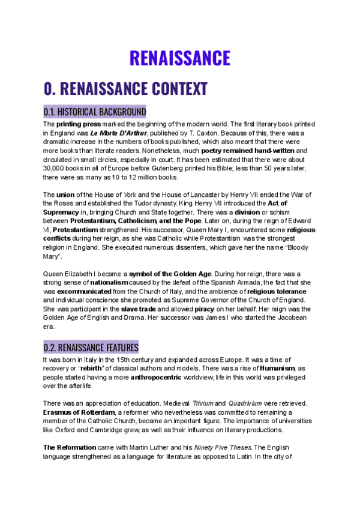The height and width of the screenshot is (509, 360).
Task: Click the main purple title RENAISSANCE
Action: (180, 58)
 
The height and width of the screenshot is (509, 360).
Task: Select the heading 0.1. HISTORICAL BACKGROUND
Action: (95, 112)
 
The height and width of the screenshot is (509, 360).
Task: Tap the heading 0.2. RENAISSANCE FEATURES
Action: (91, 348)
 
